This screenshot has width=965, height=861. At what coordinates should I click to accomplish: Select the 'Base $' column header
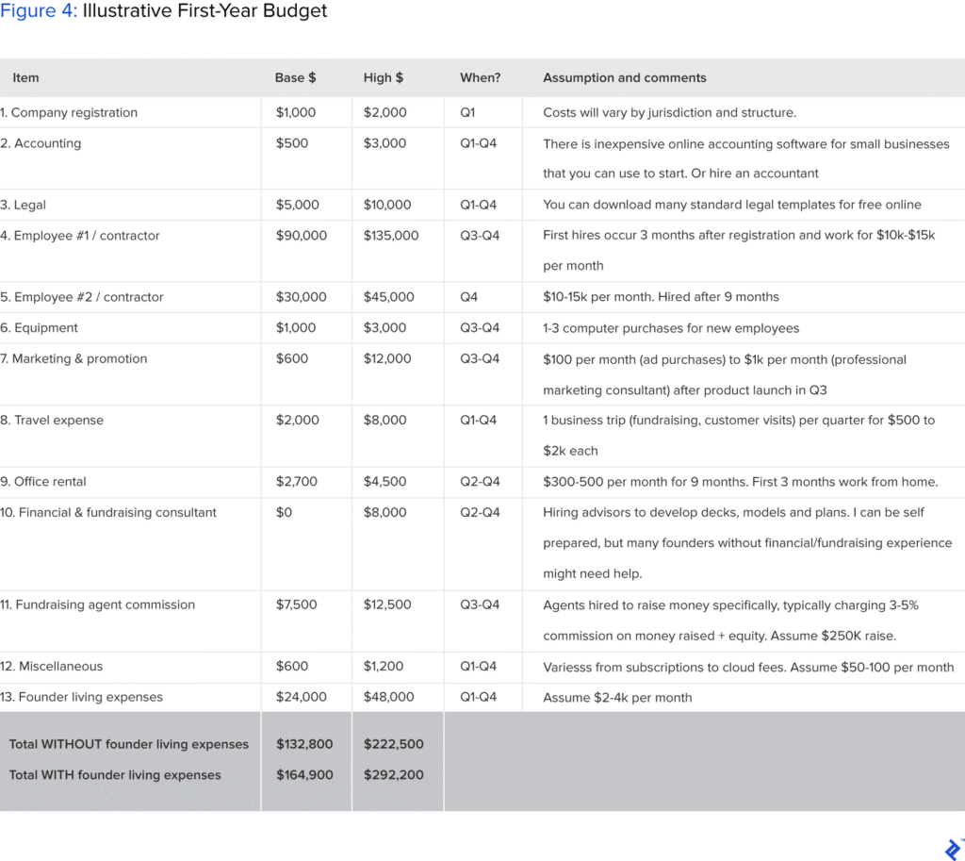point(295,77)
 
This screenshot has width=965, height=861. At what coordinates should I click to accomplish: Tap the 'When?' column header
point(480,77)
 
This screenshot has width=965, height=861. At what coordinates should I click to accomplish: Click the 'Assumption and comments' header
point(624,77)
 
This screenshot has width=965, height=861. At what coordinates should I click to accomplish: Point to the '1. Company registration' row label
point(69,112)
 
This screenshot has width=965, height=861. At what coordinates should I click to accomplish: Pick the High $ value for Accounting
point(384,143)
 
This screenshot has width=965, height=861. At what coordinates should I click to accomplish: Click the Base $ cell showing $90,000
point(302,236)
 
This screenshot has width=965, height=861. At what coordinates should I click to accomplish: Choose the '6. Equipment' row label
point(40,328)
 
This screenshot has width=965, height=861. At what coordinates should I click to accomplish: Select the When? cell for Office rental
point(480,482)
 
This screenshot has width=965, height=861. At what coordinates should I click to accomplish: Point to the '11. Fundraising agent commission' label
point(98,604)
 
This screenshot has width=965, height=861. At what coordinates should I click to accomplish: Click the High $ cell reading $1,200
point(384,667)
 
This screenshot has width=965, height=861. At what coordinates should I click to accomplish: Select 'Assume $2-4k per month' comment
point(617,698)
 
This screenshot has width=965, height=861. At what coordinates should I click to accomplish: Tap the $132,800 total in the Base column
point(304,744)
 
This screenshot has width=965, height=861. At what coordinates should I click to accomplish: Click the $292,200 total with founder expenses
point(393,775)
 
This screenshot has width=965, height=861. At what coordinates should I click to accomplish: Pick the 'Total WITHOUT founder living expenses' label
point(129,744)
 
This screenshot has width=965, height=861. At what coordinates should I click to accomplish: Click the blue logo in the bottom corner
point(952,847)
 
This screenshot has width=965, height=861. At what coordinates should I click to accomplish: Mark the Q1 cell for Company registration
point(468,112)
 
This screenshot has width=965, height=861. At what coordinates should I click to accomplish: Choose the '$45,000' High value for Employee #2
point(388,297)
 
